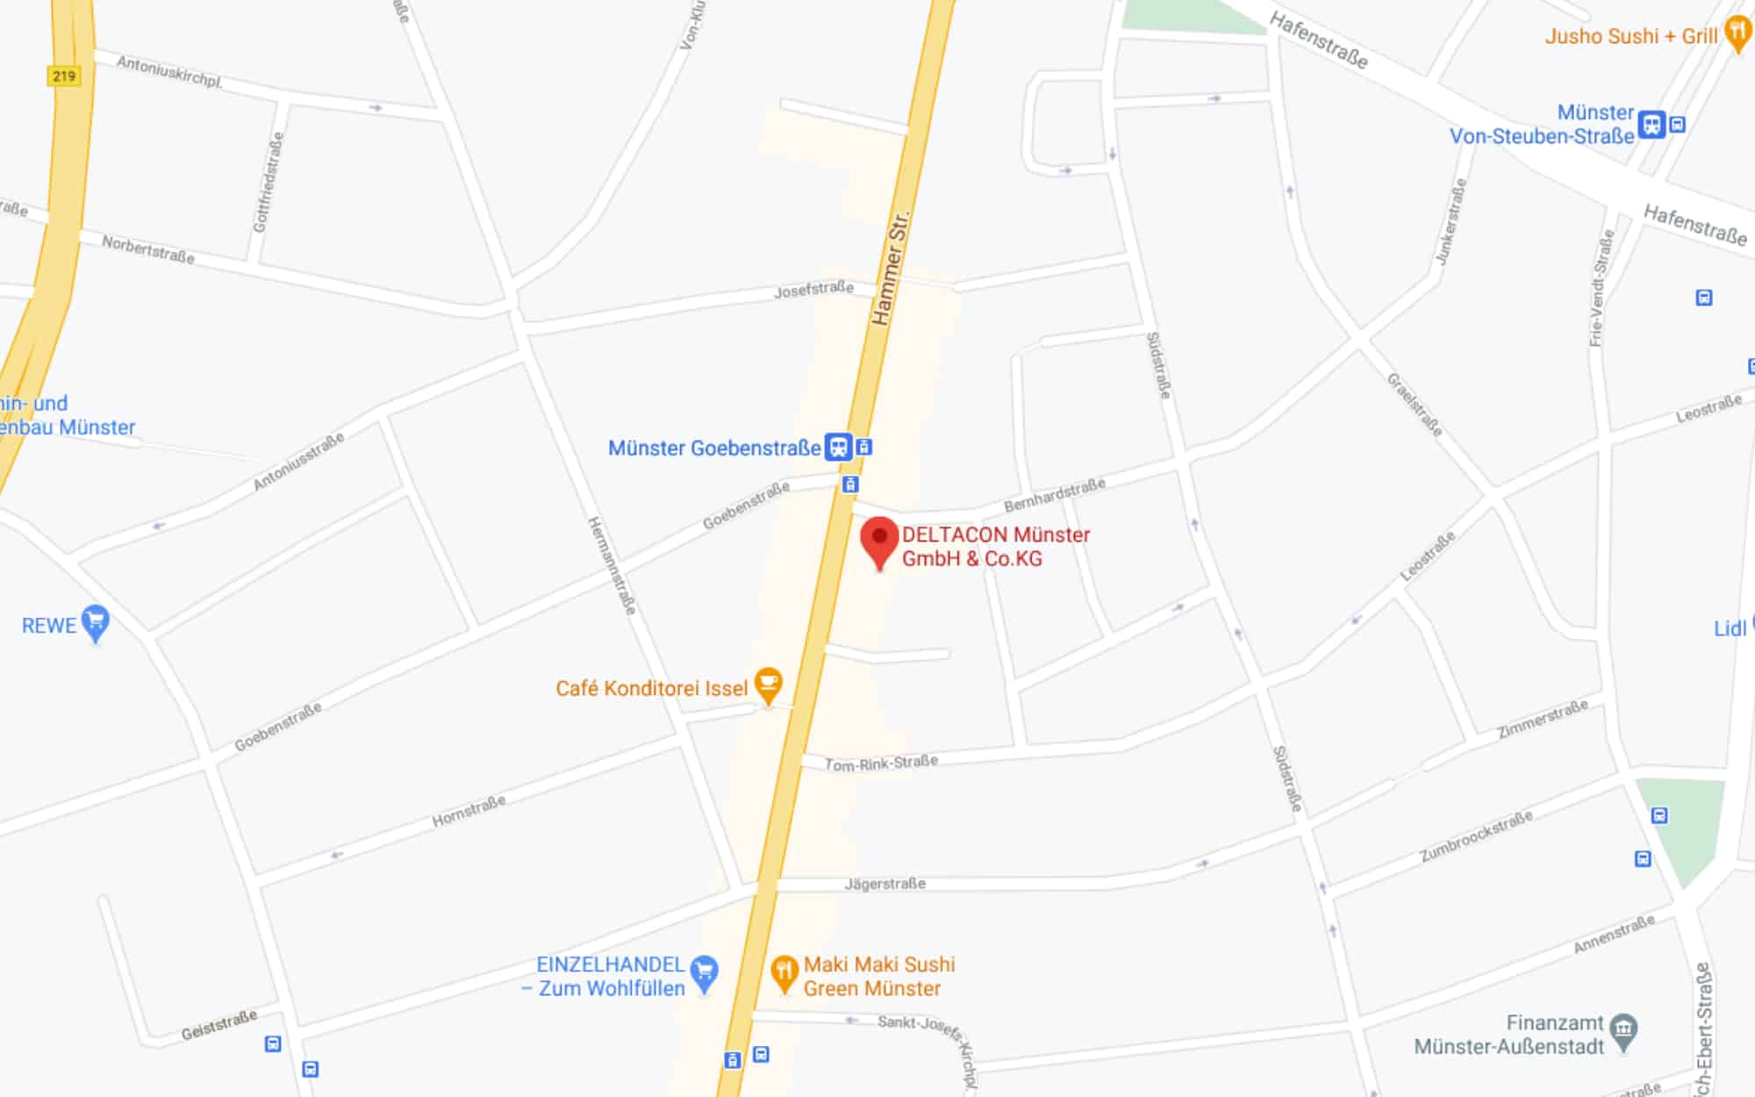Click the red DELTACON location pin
coord(879,540)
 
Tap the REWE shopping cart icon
coord(95,622)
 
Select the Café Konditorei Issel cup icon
coord(769,685)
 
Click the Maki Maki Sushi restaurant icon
coord(784,972)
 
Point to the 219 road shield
coord(63,76)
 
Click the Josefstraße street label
coord(813,290)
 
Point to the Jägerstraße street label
coord(885,884)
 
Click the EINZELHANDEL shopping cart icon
coord(704,972)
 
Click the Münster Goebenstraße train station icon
coord(838,447)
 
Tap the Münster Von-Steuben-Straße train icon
coord(1651,125)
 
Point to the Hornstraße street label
coord(469,812)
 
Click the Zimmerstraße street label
coord(1542,719)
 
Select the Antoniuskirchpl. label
coord(169,71)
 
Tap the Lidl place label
coord(1730,628)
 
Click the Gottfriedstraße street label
coord(269,182)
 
